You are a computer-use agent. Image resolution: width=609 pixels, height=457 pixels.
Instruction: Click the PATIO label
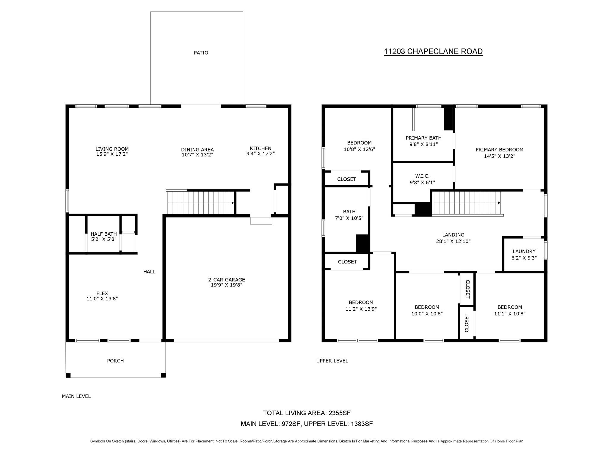[x=201, y=53]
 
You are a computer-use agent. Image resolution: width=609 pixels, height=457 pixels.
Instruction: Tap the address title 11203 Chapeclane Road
[x=433, y=51]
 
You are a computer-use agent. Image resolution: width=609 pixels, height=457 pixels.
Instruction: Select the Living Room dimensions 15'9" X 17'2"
[x=112, y=154]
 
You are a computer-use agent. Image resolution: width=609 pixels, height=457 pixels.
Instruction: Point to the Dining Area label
[x=197, y=149]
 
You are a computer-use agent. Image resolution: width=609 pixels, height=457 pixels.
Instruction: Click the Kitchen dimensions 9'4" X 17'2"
[x=260, y=154]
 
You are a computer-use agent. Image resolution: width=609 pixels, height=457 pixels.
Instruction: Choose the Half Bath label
[x=103, y=234]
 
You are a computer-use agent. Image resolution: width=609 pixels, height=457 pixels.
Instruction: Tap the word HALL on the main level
[x=149, y=271]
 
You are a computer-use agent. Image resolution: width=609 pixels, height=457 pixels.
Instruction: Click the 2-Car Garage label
[x=226, y=279]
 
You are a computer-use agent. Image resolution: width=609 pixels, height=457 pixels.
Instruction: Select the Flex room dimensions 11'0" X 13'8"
[x=102, y=299]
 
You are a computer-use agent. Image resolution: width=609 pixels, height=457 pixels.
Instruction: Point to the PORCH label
[x=115, y=361]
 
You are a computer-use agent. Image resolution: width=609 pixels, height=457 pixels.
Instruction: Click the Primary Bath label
[x=423, y=138]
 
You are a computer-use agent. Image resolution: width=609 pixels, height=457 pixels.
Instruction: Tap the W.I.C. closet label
[x=422, y=176]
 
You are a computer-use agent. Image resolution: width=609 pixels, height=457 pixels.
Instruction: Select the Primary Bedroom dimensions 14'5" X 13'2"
[x=499, y=156]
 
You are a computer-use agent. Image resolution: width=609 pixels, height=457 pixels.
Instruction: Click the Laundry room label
[x=524, y=251]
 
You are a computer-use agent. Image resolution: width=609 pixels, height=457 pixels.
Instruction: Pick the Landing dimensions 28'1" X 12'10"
[x=453, y=241]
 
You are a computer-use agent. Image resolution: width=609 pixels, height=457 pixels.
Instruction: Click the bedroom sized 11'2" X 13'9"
[x=361, y=306]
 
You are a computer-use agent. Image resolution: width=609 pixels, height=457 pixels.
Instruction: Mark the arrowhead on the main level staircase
[x=233, y=203]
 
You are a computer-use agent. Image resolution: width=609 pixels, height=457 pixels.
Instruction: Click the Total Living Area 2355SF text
[x=307, y=413]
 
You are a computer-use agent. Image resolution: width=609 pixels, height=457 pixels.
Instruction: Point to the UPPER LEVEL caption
[x=332, y=361]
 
